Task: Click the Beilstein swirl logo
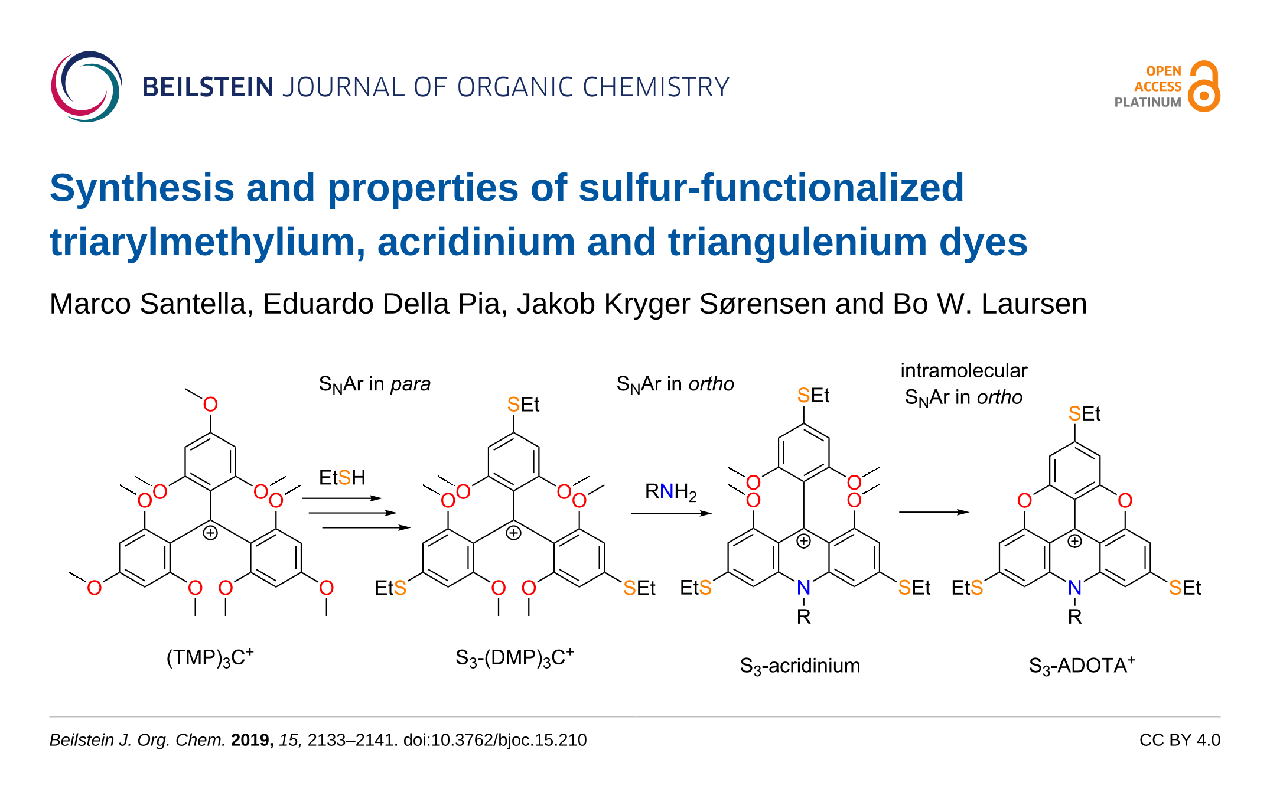(x=86, y=87)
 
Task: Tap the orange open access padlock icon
(x=1204, y=87)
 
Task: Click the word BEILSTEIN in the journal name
(x=207, y=87)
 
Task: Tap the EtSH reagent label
(x=342, y=477)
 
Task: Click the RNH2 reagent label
(x=670, y=491)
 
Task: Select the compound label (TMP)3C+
(x=210, y=657)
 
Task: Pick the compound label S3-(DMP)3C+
(x=514, y=657)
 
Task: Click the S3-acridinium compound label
(x=800, y=666)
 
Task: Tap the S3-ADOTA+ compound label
(x=1082, y=666)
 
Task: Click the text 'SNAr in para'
(x=375, y=384)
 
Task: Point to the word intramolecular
(x=963, y=370)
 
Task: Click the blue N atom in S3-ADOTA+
(x=1074, y=588)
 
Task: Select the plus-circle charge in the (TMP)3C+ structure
(x=210, y=533)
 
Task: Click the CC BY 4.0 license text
(x=1179, y=740)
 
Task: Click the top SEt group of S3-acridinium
(x=813, y=395)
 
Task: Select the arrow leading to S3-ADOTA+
(x=933, y=512)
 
